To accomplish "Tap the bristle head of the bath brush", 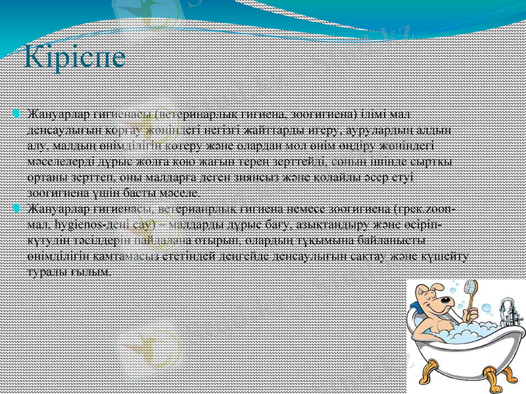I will (470, 287).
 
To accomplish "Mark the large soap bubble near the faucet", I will (486, 308).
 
